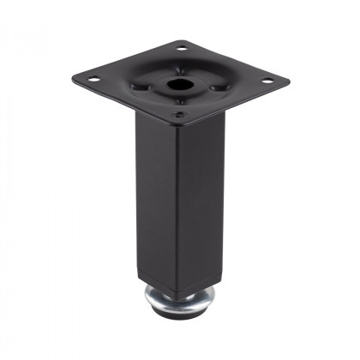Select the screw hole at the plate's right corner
point(267,80)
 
